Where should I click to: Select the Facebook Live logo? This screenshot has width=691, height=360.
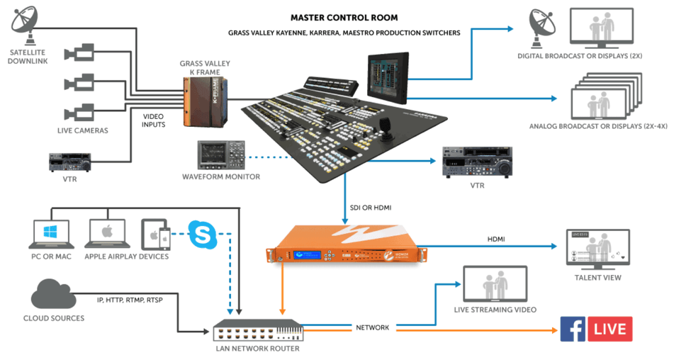coord(596,330)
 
